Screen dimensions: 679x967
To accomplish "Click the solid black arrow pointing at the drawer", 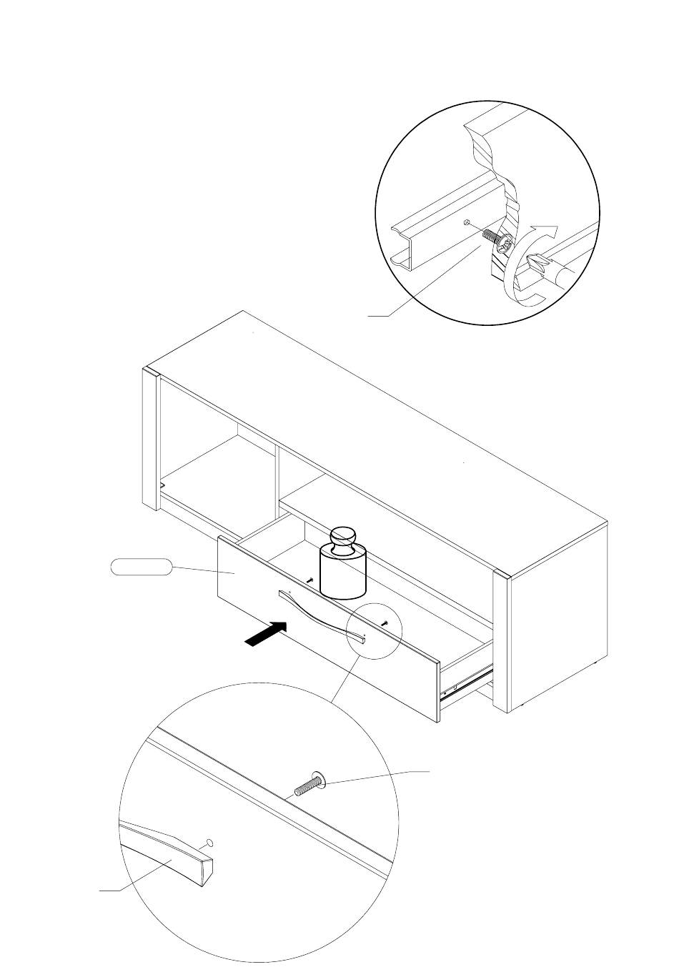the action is click(x=266, y=634).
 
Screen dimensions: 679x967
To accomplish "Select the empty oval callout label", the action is click(x=141, y=567).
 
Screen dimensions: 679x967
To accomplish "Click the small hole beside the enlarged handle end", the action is click(x=209, y=842).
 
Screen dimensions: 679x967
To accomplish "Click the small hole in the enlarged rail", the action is click(x=465, y=222).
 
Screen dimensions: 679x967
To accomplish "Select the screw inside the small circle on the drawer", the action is click(x=385, y=623).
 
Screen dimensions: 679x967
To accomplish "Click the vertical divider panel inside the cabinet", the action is click(x=277, y=472).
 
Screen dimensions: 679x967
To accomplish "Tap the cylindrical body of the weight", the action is click(x=343, y=572).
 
